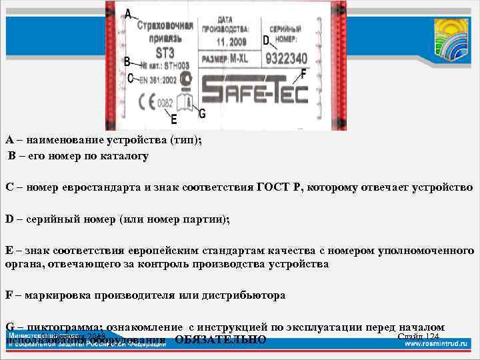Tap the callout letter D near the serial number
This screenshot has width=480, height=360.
coord(266,41)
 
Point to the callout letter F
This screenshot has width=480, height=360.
coord(304,73)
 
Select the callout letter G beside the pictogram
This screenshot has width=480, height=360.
coord(201,113)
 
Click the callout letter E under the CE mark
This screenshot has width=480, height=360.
coord(174,120)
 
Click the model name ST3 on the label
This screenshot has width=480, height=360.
coord(165,51)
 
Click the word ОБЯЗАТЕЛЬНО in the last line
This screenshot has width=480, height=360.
coord(221,340)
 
